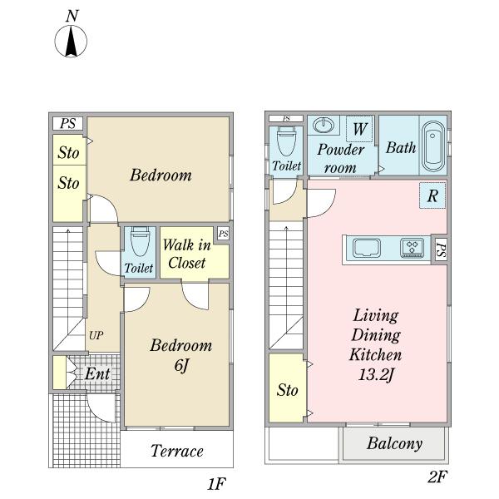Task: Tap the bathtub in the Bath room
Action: pos(432,146)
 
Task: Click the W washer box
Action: pos(359,129)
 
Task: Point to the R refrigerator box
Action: pos(432,196)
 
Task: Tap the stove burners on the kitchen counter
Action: pos(413,248)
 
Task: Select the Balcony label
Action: pos(394,443)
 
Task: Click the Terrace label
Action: pos(176,452)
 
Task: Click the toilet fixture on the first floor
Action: pos(139,243)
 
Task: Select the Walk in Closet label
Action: pos(185,254)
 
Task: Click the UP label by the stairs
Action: pos(96,335)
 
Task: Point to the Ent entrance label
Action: pos(97,374)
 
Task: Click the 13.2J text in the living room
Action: pos(377,373)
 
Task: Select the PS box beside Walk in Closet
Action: pos(223,234)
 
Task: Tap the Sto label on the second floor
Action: pos(288,390)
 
